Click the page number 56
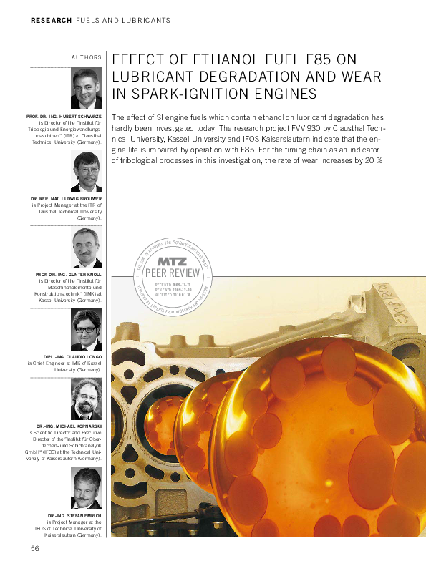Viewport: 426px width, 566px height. [x=34, y=548]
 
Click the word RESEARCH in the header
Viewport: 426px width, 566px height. [x=52, y=21]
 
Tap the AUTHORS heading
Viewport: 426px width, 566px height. [x=86, y=57]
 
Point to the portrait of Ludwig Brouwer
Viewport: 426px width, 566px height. [x=87, y=172]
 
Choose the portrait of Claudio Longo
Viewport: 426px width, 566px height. [x=87, y=330]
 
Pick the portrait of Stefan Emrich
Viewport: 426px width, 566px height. [x=87, y=489]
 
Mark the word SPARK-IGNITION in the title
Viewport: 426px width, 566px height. [x=188, y=94]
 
